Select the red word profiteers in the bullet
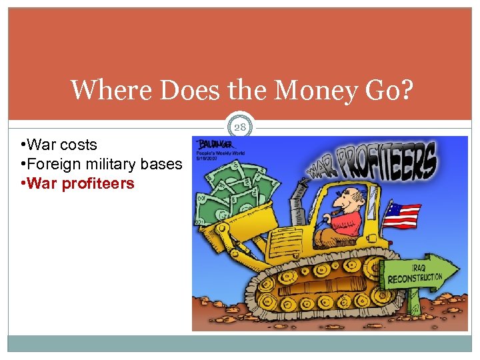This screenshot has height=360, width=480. tap(98, 183)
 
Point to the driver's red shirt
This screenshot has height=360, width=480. tap(347, 223)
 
